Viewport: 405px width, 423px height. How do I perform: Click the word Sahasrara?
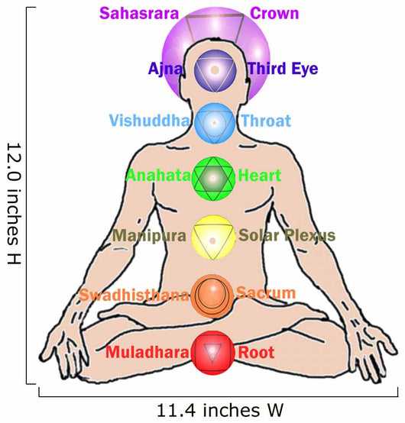point(139,13)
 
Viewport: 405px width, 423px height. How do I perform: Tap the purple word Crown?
point(274,13)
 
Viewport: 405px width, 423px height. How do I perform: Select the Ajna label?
point(166,69)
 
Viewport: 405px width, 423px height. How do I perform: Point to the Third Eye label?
point(283,69)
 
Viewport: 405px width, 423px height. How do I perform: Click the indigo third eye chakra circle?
point(215,71)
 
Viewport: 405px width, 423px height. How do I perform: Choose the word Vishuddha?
point(149,121)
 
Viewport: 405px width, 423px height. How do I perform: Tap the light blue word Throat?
point(266,121)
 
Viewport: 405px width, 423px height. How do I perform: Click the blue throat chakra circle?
point(215,123)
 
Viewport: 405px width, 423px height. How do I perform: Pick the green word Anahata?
point(158,176)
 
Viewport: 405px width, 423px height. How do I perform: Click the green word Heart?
point(260,176)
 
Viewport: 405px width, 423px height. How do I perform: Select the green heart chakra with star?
point(213,179)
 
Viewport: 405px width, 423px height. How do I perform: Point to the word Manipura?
point(149,235)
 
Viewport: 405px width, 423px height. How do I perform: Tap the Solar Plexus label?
point(287,235)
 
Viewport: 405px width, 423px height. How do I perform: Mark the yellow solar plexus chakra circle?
point(213,237)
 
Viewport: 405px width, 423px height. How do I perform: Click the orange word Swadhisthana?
point(134,295)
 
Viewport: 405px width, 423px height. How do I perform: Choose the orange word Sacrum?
point(266,292)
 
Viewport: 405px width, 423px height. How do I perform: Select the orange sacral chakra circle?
point(212,296)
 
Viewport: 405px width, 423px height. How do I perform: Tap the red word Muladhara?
point(147,352)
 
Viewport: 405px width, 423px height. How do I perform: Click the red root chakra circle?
point(212,353)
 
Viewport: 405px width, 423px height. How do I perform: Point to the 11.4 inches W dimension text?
point(220,410)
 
